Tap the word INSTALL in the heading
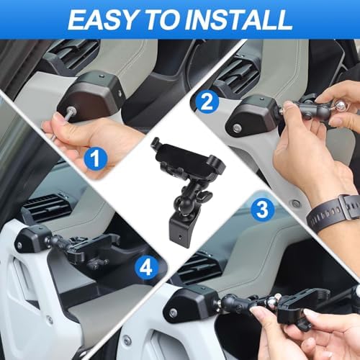(245, 19)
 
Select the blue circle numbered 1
(93, 154)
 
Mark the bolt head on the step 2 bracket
(237, 129)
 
